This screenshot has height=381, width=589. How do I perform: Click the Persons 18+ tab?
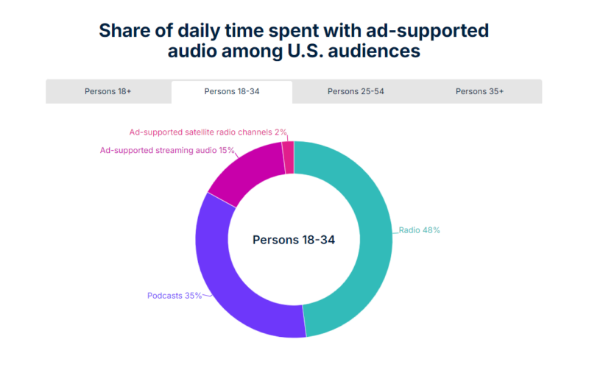click(107, 92)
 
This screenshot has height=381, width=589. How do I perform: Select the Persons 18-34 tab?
click(232, 92)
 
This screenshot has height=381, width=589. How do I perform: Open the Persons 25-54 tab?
click(356, 92)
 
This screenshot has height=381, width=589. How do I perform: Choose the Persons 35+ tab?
click(480, 92)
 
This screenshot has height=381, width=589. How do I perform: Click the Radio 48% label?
click(419, 230)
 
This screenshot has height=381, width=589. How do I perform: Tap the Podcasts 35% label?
click(174, 296)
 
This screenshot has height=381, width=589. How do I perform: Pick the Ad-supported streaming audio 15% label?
click(167, 150)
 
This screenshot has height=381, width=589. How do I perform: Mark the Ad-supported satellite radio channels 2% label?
click(208, 132)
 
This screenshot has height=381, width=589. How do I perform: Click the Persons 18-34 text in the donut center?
click(294, 240)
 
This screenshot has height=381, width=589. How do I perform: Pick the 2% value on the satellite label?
click(280, 132)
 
